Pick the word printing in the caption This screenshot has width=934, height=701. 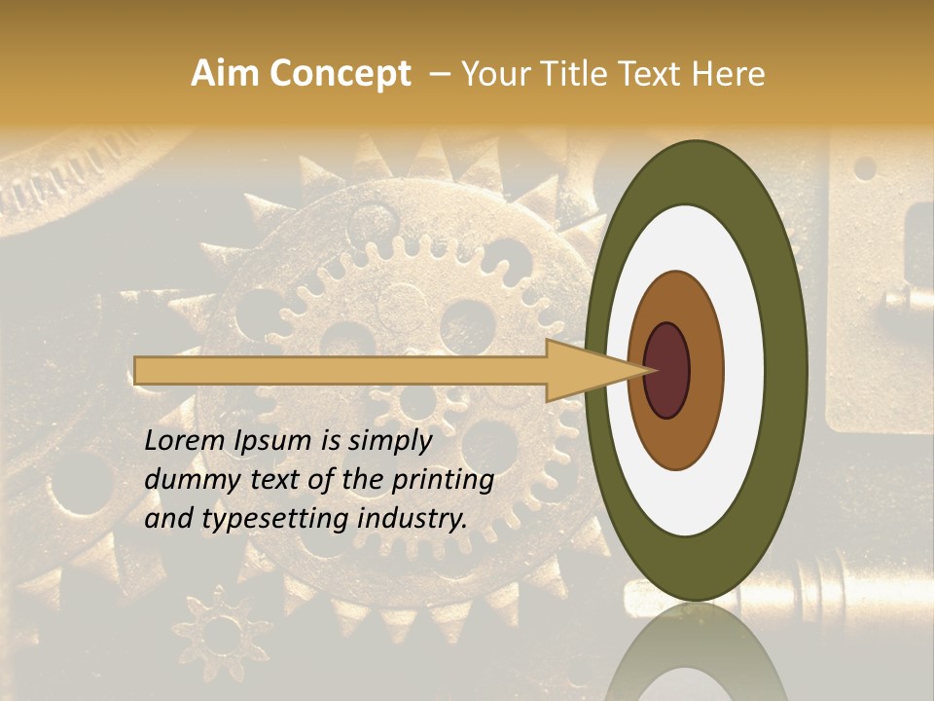(443, 480)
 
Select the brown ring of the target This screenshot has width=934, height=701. (704, 370)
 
